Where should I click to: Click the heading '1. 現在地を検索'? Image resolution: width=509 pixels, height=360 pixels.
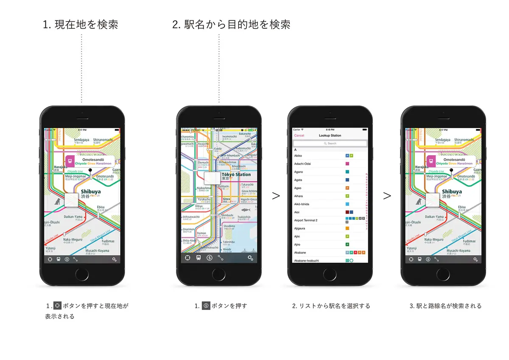(80, 25)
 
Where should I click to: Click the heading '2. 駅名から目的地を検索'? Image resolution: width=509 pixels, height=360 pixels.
(231, 25)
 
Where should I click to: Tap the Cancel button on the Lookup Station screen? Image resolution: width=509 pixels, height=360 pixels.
(299, 136)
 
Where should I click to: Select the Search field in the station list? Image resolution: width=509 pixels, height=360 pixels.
(330, 144)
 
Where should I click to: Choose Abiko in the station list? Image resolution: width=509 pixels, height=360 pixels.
(299, 156)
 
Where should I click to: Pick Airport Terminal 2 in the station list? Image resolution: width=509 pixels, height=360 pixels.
(305, 220)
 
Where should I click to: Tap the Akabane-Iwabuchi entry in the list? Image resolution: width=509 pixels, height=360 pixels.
(306, 260)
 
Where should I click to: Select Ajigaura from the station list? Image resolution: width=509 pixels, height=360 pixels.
(300, 229)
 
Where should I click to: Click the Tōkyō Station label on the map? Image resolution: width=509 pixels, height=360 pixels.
(236, 174)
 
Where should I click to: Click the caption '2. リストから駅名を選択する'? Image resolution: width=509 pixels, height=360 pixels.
(331, 306)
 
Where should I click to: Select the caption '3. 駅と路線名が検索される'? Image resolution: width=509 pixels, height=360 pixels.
(445, 306)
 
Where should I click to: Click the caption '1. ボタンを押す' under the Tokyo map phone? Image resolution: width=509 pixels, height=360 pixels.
(221, 306)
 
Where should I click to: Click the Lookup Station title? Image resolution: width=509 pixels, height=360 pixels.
(330, 136)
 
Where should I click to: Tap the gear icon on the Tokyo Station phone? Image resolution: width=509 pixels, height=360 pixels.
(250, 258)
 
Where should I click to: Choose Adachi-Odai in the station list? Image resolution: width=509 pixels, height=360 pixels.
(302, 164)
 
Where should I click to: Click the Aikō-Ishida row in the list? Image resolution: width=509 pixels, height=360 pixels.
(302, 204)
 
